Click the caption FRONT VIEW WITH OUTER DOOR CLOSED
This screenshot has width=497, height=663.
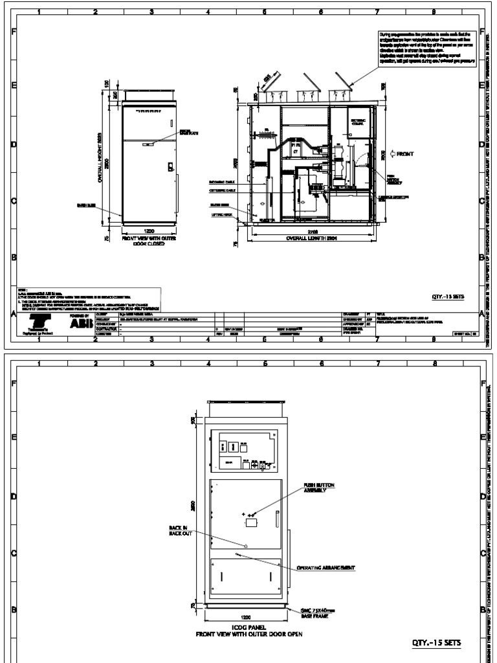[148, 242]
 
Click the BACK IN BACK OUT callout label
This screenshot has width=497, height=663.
[177, 530]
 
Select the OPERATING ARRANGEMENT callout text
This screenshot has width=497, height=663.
[326, 567]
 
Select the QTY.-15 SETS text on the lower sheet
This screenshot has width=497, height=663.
[437, 643]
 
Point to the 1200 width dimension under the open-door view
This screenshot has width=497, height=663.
[245, 617]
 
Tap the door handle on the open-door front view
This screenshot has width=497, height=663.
[276, 519]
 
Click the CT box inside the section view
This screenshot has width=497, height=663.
[296, 151]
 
